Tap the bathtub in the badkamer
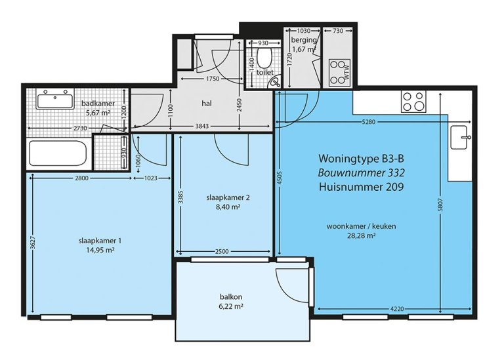[x=58, y=153]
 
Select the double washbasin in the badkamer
[x=55, y=98]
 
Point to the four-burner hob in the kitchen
[x=413, y=101]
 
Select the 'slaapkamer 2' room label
[x=228, y=197]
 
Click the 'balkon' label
[x=231, y=297]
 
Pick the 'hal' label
[x=207, y=104]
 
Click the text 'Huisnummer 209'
[x=362, y=187]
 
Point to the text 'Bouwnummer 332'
[x=362, y=172]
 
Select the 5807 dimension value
[x=440, y=205]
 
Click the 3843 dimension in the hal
[x=202, y=126]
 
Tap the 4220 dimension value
[x=396, y=309]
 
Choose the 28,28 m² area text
[x=362, y=235]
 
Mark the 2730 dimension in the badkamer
[x=80, y=128]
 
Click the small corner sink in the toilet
[x=275, y=83]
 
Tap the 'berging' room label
[x=304, y=40]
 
